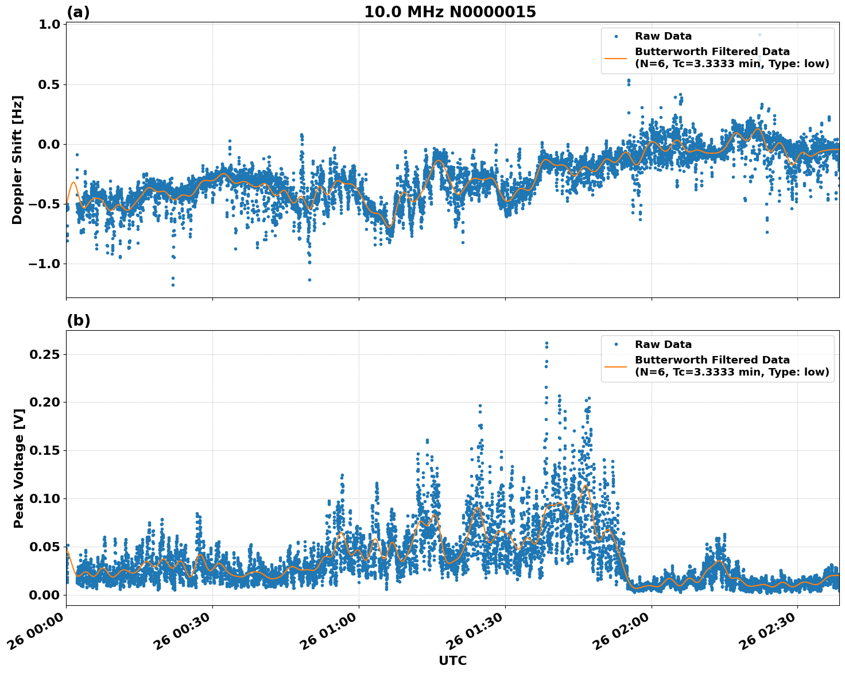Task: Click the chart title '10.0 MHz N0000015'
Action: [x=449, y=12]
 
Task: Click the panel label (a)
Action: [x=78, y=12]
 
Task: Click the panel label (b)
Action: [x=78, y=320]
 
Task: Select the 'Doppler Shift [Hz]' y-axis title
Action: [x=18, y=160]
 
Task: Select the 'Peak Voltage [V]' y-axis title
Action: [x=19, y=468]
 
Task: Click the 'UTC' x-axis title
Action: [x=452, y=660]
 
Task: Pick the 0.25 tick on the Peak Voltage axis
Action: [x=45, y=354]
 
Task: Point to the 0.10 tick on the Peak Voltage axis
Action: [x=45, y=498]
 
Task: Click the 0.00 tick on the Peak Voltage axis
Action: [x=45, y=595]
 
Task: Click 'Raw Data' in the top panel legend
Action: [x=663, y=36]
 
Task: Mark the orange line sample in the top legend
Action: [x=616, y=58]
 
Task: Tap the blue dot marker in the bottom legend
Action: [x=616, y=345]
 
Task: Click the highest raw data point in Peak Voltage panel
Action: [x=546, y=343]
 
